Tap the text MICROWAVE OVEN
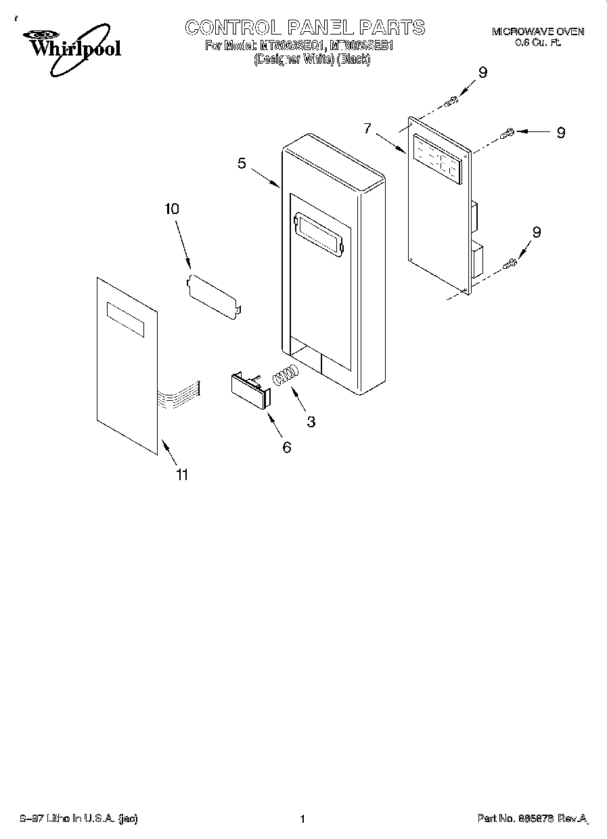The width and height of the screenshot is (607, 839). [x=537, y=32]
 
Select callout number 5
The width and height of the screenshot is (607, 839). [x=242, y=163]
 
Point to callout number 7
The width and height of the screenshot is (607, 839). [x=367, y=128]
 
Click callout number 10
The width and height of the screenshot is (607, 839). [x=172, y=209]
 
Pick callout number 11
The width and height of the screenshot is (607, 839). [x=181, y=475]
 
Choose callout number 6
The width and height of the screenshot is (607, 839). [x=286, y=447]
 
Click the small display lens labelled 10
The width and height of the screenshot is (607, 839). [x=212, y=294]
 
